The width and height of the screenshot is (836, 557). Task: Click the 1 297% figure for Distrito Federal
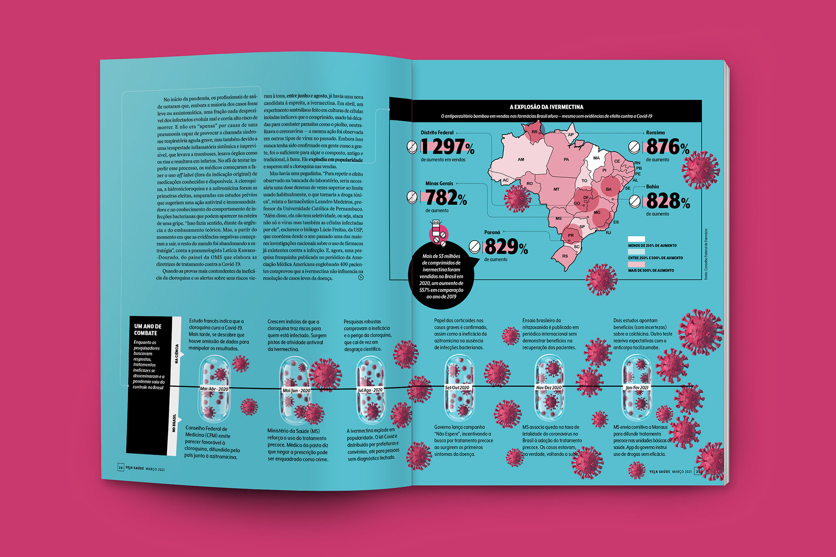pyautogui.click(x=448, y=147)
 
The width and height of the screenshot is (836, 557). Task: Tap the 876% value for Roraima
pyautogui.click(x=667, y=147)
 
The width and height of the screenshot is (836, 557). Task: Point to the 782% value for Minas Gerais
pyautogui.click(x=446, y=198)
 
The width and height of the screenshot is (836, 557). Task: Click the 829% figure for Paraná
pyautogui.click(x=506, y=247)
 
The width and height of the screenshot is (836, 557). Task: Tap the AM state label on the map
pyautogui.click(x=521, y=160)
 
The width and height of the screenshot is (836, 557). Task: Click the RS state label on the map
pyautogui.click(x=565, y=256)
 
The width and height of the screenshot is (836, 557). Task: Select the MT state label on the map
pyautogui.click(x=556, y=189)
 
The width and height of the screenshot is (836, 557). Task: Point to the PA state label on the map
pyautogui.click(x=566, y=160)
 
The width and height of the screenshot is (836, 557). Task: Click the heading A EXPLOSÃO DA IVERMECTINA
pyautogui.click(x=546, y=107)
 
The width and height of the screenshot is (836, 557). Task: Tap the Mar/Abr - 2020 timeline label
pyautogui.click(x=214, y=389)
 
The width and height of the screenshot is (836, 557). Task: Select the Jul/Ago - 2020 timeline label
pyautogui.click(x=370, y=390)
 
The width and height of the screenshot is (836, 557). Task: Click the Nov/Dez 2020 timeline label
pyautogui.click(x=549, y=388)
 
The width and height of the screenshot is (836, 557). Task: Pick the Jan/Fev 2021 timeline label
pyautogui.click(x=637, y=388)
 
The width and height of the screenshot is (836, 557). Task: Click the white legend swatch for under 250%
pyautogui.click(x=636, y=239)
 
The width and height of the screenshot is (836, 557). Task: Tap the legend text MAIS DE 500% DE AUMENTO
pyautogui.click(x=651, y=271)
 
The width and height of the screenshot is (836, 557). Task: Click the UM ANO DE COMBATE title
pyautogui.click(x=148, y=330)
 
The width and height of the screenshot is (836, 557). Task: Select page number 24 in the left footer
pyautogui.click(x=121, y=468)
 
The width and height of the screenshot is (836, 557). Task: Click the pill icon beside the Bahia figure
pyautogui.click(x=635, y=201)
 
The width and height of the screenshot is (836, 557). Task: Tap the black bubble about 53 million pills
pyautogui.click(x=442, y=276)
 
